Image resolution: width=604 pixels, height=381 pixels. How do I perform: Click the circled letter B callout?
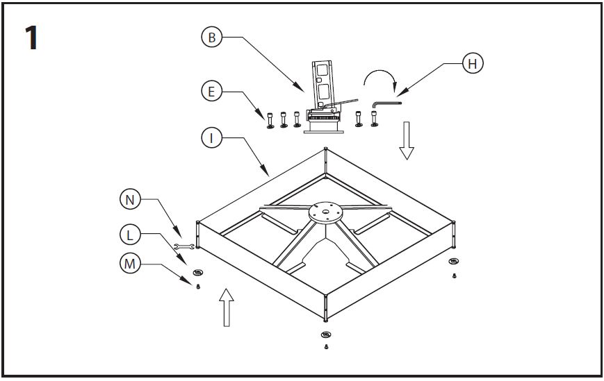(x=211, y=37)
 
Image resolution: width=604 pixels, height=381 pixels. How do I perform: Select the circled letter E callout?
(x=211, y=91)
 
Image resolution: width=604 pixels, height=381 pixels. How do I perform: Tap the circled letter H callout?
(x=473, y=63)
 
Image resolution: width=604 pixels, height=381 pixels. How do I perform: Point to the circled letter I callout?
(x=211, y=137)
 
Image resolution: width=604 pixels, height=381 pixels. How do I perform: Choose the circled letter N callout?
(x=130, y=199)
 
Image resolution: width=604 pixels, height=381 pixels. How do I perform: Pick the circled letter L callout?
(x=130, y=234)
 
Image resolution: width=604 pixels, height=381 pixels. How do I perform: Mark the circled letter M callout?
(x=130, y=263)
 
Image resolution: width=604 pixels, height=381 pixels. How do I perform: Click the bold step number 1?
(x=31, y=37)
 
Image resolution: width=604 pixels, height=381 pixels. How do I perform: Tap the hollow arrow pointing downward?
(x=407, y=140)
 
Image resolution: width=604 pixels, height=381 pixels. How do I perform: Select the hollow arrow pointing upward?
(x=227, y=307)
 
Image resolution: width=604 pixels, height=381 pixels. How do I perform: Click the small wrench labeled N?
(x=184, y=246)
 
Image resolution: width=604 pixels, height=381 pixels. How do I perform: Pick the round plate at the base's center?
(x=325, y=212)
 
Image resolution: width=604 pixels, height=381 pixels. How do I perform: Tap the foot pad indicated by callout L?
(x=198, y=273)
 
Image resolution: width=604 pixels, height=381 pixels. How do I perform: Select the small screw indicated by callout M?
(x=198, y=286)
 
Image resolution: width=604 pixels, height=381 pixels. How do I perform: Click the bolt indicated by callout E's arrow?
(x=270, y=120)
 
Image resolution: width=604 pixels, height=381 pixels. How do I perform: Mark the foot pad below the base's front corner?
(x=326, y=335)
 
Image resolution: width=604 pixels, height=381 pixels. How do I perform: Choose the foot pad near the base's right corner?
(x=454, y=261)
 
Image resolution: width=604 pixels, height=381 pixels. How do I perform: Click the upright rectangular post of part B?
(x=323, y=84)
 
